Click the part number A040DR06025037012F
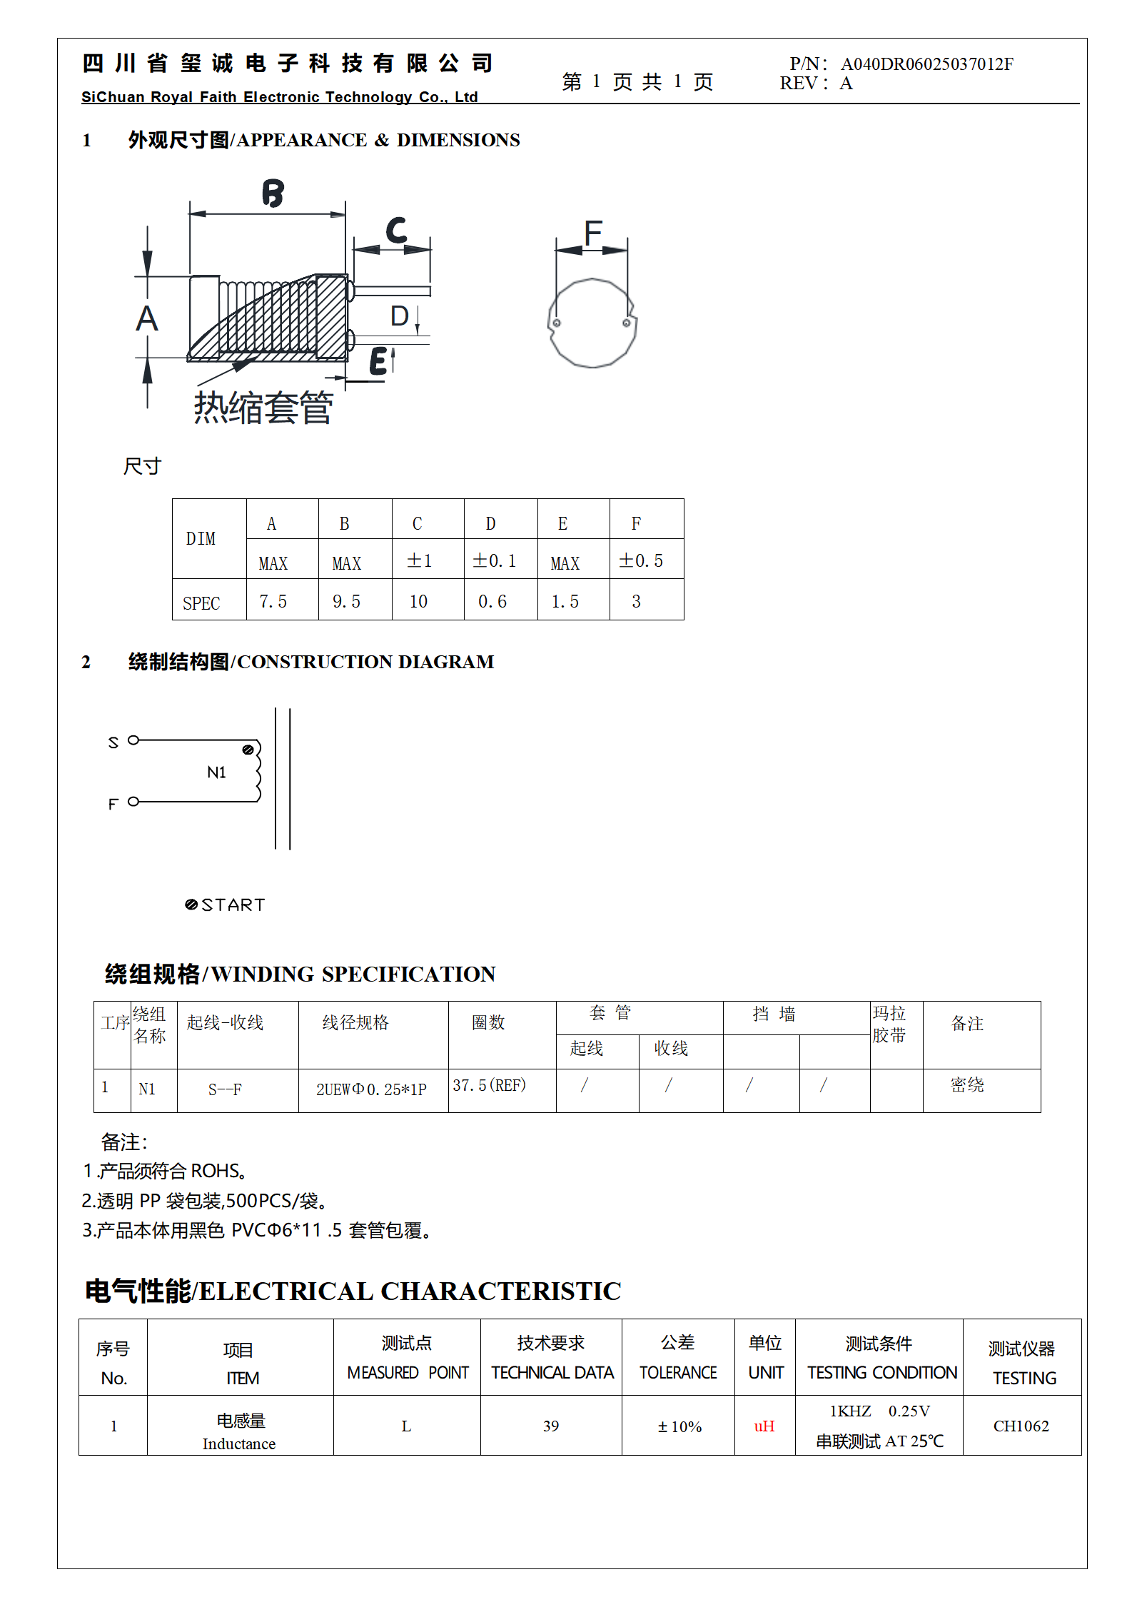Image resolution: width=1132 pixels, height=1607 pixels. click(x=926, y=64)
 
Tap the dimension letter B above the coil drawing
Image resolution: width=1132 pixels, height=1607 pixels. click(x=273, y=193)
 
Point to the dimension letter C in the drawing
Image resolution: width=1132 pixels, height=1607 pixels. click(x=396, y=231)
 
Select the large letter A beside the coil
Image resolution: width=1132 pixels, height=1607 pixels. click(x=147, y=318)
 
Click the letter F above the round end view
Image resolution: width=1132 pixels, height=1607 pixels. click(x=592, y=233)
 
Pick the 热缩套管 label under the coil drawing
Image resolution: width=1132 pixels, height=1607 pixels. click(x=263, y=408)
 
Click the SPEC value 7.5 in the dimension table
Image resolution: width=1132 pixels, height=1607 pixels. click(x=273, y=602)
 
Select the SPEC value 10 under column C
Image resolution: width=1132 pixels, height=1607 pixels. click(x=418, y=602)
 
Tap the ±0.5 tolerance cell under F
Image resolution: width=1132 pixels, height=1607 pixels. click(x=641, y=561)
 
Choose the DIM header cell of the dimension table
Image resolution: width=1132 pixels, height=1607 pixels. click(x=201, y=539)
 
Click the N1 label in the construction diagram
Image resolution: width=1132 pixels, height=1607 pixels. click(x=216, y=772)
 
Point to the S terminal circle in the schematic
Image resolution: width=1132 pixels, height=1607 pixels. click(x=133, y=740)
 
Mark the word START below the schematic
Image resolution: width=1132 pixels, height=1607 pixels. click(x=233, y=905)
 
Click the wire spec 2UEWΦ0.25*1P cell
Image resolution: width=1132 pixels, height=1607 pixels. click(x=371, y=1089)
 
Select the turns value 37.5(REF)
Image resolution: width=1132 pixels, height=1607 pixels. click(x=490, y=1085)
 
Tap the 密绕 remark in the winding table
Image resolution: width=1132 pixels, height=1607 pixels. click(x=967, y=1085)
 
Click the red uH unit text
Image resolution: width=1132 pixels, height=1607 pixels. click(x=764, y=1426)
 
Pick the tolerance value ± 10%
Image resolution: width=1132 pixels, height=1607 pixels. click(x=679, y=1426)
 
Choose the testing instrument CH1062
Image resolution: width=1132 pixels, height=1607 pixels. click(x=1021, y=1426)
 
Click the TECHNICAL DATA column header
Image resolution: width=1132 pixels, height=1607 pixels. click(x=552, y=1373)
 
